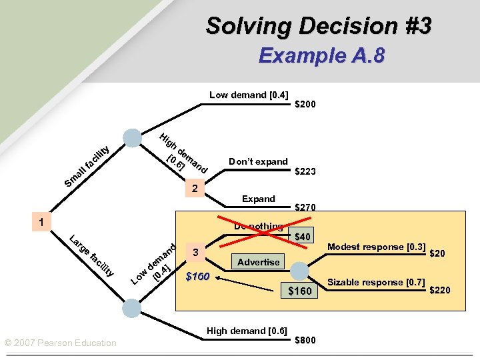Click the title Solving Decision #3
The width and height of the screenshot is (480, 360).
tap(319, 26)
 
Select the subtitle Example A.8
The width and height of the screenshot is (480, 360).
tap(321, 55)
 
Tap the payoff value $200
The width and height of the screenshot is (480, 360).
tap(305, 104)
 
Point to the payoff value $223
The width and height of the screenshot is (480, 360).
tap(305, 171)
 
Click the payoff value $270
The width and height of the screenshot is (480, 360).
tap(305, 207)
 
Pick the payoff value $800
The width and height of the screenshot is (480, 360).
tap(305, 340)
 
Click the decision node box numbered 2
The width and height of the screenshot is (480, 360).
tap(194, 189)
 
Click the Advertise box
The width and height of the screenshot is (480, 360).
tap(258, 262)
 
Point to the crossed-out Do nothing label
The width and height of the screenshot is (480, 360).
tap(258, 227)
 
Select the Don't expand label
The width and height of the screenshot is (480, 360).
tap(258, 161)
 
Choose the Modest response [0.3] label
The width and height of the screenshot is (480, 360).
tap(377, 247)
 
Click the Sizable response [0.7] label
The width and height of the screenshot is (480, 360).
tap(377, 283)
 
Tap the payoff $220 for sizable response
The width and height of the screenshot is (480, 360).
tap(440, 289)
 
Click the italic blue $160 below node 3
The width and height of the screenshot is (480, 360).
tap(198, 277)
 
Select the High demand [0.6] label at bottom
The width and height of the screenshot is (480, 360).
tap(247, 331)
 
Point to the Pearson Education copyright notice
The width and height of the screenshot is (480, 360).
tap(60, 343)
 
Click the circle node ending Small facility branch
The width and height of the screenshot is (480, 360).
tap(133, 137)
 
